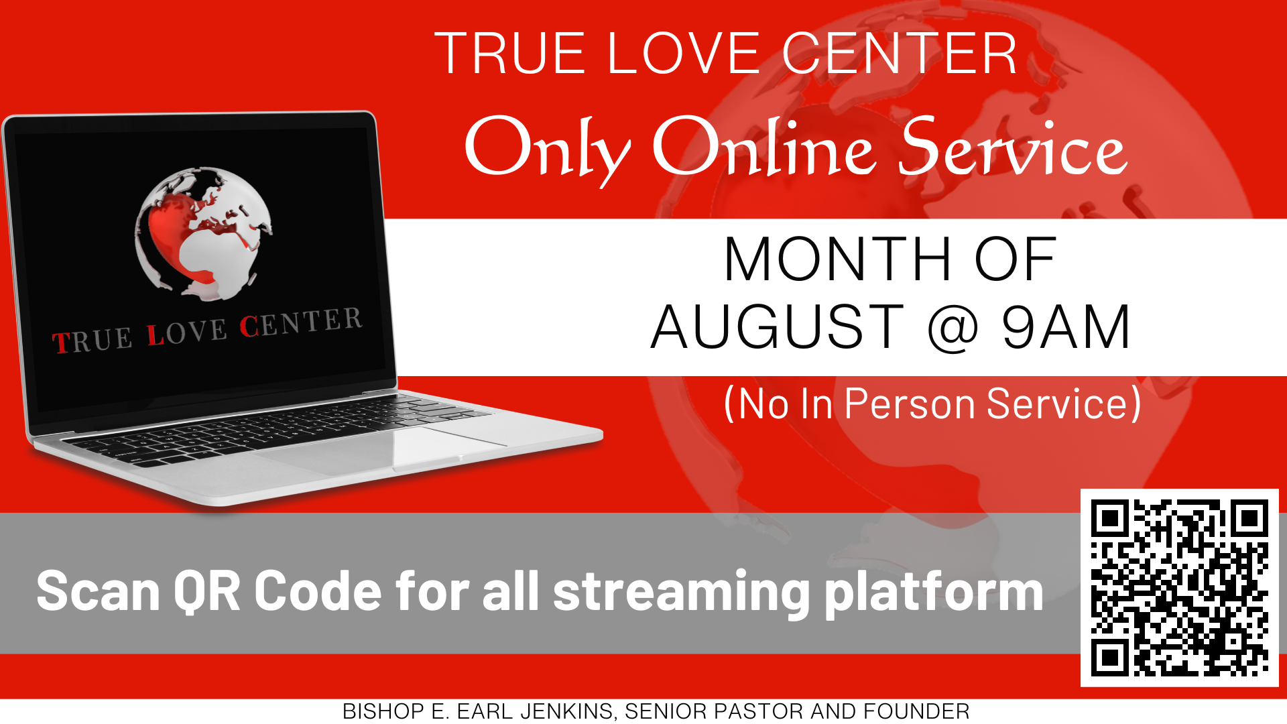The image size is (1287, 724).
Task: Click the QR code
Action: click(1179, 587)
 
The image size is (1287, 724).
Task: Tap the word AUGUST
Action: click(778, 327)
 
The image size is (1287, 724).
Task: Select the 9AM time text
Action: click(1066, 327)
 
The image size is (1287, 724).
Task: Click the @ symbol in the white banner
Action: click(953, 328)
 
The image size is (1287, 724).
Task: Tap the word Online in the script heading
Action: click(764, 147)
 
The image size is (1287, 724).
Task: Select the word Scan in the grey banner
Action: click(98, 591)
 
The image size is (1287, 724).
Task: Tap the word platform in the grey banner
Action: click(933, 593)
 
